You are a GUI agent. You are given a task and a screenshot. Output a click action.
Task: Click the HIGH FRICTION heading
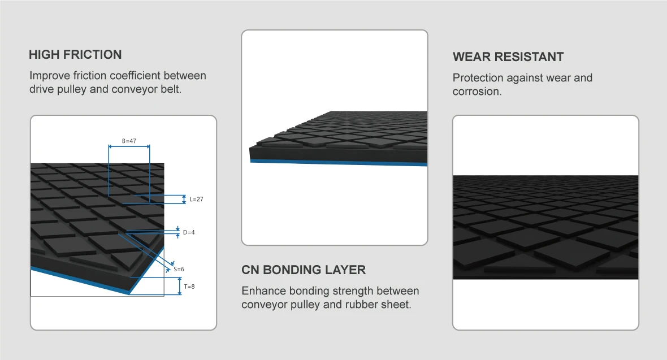[75, 55]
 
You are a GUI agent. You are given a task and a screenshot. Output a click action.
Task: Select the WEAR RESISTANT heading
[508, 57]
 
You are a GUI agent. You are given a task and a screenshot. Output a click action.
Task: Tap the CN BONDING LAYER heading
[304, 270]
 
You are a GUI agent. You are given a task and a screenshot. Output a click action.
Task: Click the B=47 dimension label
[129, 141]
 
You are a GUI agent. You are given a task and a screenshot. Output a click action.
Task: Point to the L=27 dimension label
[196, 199]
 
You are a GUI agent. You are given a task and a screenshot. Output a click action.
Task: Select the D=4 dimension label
[189, 232]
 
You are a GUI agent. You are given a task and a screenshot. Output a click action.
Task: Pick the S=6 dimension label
[179, 269]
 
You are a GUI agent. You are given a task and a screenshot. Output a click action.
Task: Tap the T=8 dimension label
[189, 287]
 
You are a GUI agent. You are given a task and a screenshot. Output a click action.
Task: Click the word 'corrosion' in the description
[476, 92]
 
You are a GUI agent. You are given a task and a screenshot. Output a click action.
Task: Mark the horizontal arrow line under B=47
[129, 147]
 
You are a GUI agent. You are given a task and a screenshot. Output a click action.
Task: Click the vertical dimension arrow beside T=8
[180, 287]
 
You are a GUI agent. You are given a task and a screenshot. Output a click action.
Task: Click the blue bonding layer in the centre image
[339, 163]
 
